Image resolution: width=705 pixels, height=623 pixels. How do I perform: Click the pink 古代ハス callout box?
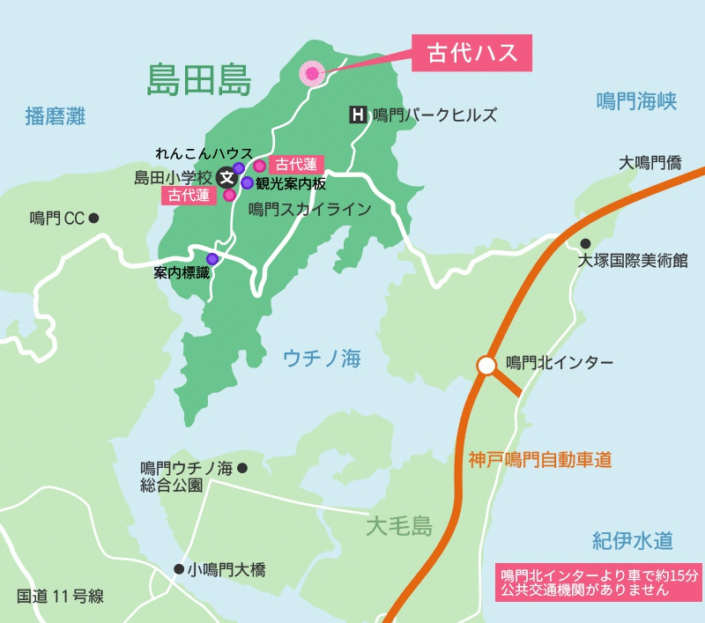[472, 55]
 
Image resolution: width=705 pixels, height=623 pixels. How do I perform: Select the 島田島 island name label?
[200, 82]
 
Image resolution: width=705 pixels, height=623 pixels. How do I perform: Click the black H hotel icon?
[358, 115]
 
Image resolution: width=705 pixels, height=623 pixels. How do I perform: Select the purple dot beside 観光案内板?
[248, 183]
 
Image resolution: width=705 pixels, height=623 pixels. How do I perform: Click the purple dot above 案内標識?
[212, 258]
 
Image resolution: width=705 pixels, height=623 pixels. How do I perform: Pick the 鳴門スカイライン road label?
[309, 210]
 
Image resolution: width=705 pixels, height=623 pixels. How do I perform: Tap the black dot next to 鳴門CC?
[93, 218]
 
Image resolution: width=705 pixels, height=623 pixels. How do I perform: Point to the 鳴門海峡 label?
[635, 100]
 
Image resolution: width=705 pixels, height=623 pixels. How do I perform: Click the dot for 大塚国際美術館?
[584, 244]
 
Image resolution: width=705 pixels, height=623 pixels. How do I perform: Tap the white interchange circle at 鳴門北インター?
[486, 364]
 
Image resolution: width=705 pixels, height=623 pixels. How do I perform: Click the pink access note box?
[597, 582]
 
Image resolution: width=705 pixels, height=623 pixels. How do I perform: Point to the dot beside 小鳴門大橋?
[178, 569]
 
